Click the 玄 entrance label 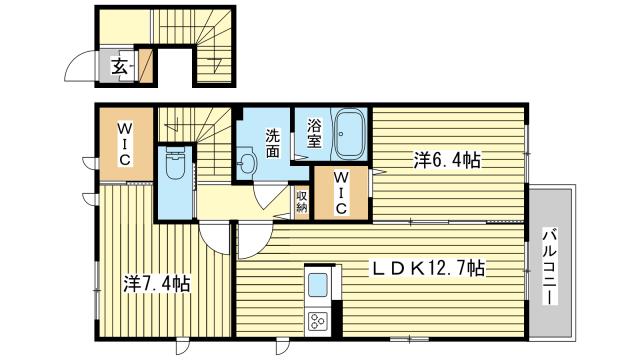coord(118,68)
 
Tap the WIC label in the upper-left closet coord(126,145)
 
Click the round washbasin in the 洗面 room coord(247,164)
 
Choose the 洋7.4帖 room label coord(158,283)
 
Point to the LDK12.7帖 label coord(430,268)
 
